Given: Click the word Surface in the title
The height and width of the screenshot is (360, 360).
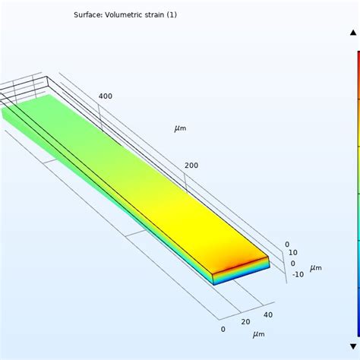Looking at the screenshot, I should [90, 14].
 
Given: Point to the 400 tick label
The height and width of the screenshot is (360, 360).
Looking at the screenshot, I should [105, 96].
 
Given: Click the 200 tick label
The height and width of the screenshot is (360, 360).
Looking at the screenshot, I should [191, 166].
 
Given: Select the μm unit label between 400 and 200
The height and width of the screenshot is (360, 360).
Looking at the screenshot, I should [180, 128].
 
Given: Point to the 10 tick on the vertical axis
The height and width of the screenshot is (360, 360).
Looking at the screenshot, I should [293, 253].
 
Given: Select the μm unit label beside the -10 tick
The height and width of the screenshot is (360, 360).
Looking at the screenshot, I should [315, 267].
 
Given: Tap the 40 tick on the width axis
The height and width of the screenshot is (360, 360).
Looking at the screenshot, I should [267, 314].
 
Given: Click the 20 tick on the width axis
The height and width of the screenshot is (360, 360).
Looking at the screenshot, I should [245, 322].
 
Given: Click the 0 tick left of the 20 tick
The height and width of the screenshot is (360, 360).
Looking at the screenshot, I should [223, 329].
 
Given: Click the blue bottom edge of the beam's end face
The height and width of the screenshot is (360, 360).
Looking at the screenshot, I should [242, 280].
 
